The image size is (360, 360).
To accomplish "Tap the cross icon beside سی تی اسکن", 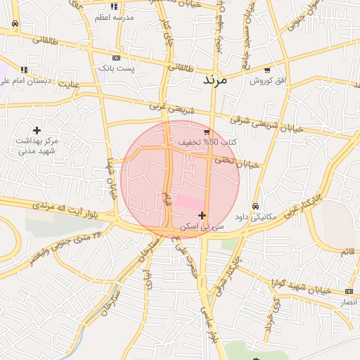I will tap(202, 215).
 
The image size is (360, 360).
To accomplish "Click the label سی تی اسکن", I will tap(202, 227).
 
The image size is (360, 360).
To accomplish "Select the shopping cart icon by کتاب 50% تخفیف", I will tap(206, 131).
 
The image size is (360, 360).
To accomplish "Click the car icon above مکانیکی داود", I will tap(255, 206).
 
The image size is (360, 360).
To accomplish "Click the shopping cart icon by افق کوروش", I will tap(267, 70).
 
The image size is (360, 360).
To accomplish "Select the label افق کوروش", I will tap(268, 81).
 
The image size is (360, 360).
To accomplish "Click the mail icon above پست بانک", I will tap(116, 58).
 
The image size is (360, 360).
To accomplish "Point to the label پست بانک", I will tap(116, 68).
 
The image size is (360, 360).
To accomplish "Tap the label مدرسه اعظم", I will tap(114, 17).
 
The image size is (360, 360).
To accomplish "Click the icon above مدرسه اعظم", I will tap(114, 6).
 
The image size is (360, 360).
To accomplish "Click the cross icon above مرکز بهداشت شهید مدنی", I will tap(37, 130).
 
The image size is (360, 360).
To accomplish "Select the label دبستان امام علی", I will tap(25, 81).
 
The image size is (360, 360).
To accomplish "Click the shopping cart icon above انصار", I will tap(349, 291).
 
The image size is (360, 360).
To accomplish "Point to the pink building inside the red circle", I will tap(188, 202).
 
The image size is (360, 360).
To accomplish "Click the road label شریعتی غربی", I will tap(169, 110).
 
